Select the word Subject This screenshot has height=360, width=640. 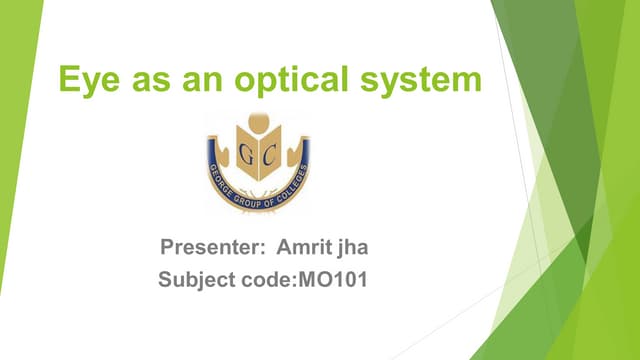click(195, 280)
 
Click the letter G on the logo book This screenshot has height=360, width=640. click(246, 153)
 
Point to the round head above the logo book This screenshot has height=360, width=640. click(259, 128)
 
